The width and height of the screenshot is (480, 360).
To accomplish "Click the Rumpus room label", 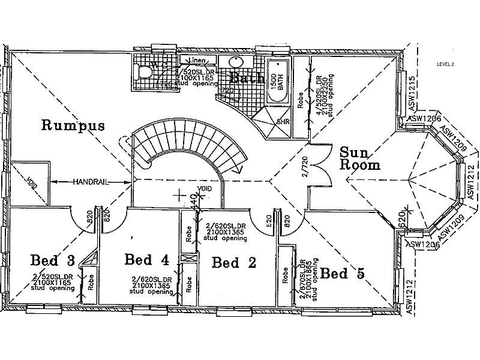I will (73, 125).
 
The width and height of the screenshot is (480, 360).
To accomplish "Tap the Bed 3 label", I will (53, 260).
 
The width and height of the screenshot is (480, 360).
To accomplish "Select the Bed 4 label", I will (146, 259).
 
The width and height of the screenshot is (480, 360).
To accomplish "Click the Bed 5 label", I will (342, 274).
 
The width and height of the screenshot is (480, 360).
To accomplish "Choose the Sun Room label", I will (360, 158).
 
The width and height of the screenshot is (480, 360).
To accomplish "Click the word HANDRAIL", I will (91, 181).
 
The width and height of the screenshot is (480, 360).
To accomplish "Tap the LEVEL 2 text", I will (446, 64).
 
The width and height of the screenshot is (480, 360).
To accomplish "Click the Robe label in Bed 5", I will (285, 275).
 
